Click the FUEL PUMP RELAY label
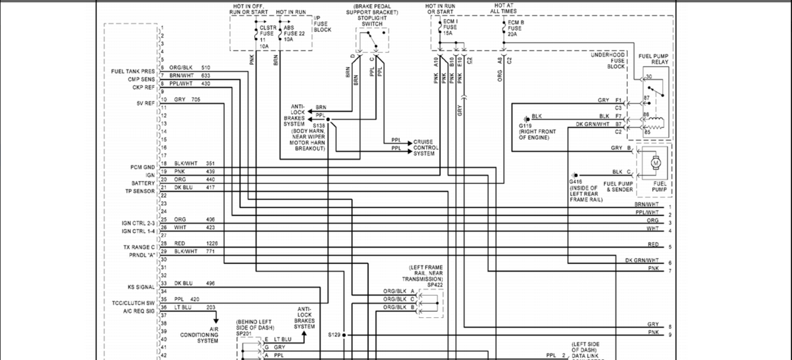[x=653, y=59]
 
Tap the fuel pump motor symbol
[x=656, y=162]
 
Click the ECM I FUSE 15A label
[x=450, y=27]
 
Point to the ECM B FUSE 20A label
[x=515, y=28]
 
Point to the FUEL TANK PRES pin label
[x=133, y=71]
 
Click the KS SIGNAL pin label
[x=140, y=287]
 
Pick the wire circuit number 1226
[x=212, y=243]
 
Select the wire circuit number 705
[x=196, y=100]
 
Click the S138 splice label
[x=318, y=126]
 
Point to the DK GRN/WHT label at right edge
[x=642, y=260]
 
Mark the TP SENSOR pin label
[x=140, y=192]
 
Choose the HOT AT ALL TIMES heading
[x=503, y=8]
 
